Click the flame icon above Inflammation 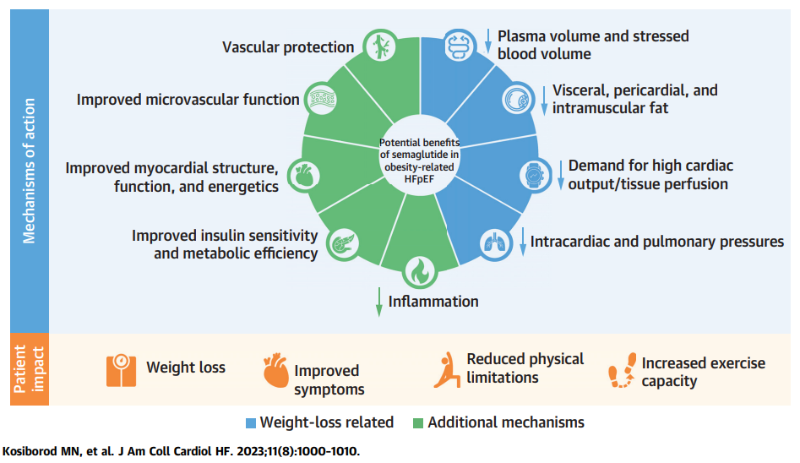420,270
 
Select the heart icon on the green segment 304,174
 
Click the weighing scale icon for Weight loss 121,368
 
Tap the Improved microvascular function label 188,100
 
